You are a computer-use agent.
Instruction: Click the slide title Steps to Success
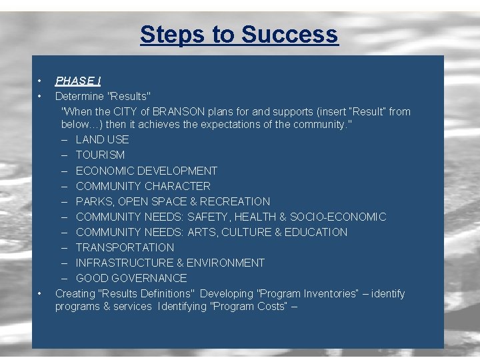click(239, 34)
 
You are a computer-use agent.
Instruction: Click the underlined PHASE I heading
click(77, 81)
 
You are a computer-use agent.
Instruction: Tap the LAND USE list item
click(102, 139)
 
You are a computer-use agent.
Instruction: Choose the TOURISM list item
click(100, 155)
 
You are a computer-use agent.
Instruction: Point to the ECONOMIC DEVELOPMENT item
click(146, 171)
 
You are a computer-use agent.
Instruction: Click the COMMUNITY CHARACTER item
click(143, 186)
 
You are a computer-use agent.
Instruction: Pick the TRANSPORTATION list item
click(125, 247)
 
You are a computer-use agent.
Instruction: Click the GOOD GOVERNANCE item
click(131, 278)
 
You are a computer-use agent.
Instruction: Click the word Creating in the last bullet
click(75, 293)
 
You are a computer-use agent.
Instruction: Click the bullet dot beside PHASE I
click(40, 81)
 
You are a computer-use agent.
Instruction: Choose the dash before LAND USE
click(65, 139)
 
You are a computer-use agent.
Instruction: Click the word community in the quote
click(317, 124)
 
